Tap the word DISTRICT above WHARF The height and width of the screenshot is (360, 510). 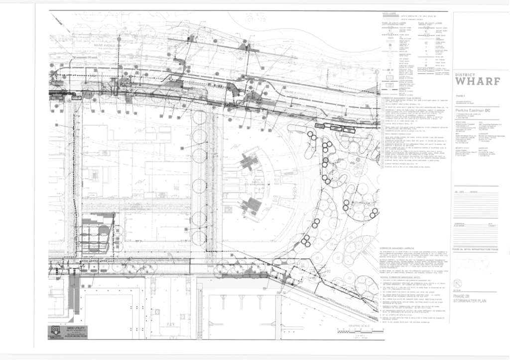tap(465, 75)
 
